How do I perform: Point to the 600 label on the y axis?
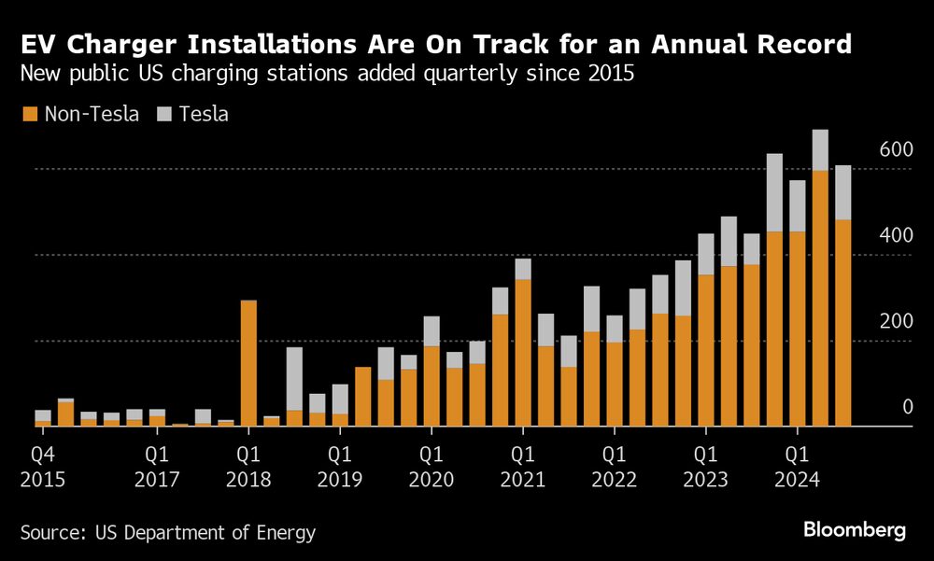pyautogui.click(x=895, y=150)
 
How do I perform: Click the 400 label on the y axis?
pyautogui.click(x=895, y=236)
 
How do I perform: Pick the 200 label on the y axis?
pyautogui.click(x=895, y=322)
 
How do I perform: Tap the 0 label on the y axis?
pyautogui.click(x=907, y=408)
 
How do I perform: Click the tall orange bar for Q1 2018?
pyautogui.click(x=248, y=364)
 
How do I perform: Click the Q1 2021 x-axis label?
pyautogui.click(x=522, y=468)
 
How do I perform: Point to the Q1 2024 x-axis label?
pyautogui.click(x=797, y=468)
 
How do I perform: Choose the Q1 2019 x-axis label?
pyautogui.click(x=339, y=468)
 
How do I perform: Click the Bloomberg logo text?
pyautogui.click(x=855, y=530)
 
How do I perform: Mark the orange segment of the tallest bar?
pyautogui.click(x=820, y=299)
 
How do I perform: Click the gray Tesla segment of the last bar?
pyautogui.click(x=843, y=192)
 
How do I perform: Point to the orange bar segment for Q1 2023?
pyautogui.click(x=706, y=350)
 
